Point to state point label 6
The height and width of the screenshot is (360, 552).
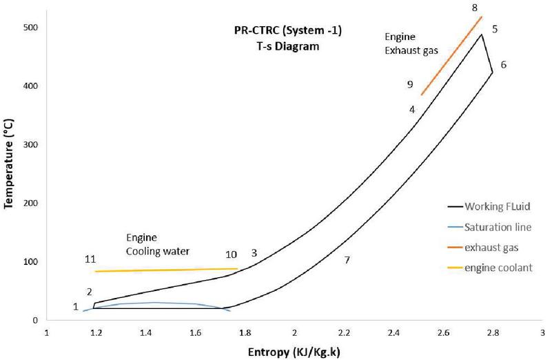[x=504, y=65]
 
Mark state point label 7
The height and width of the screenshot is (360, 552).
[x=347, y=260]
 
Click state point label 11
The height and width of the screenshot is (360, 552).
[x=90, y=259]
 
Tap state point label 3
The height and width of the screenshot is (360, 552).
[x=254, y=253]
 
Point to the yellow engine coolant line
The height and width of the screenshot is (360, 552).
[x=165, y=270]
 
